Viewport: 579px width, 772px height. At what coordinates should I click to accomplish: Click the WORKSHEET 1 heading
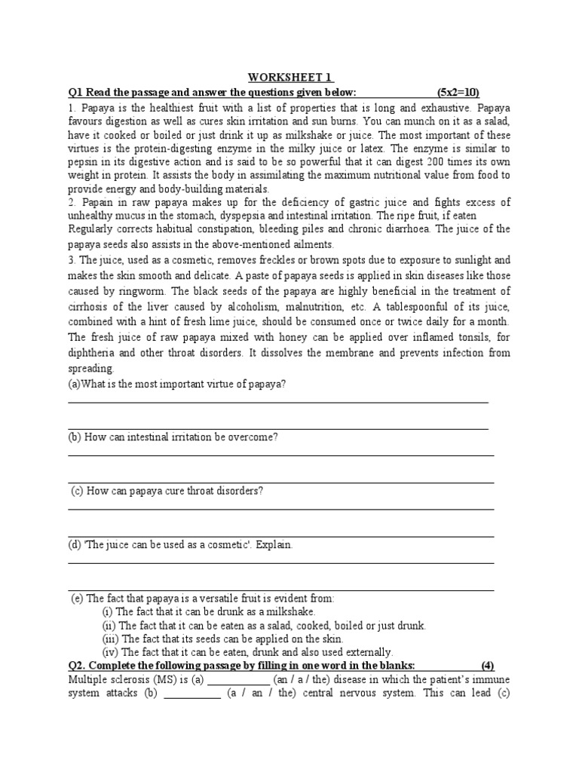[x=289, y=78]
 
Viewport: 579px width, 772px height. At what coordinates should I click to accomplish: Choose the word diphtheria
[x=95, y=353]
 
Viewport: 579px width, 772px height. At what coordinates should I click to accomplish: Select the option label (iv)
[x=110, y=652]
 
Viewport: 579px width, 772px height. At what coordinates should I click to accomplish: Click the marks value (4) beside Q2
[x=488, y=666]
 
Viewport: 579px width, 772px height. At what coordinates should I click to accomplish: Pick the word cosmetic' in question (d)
[x=223, y=544]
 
